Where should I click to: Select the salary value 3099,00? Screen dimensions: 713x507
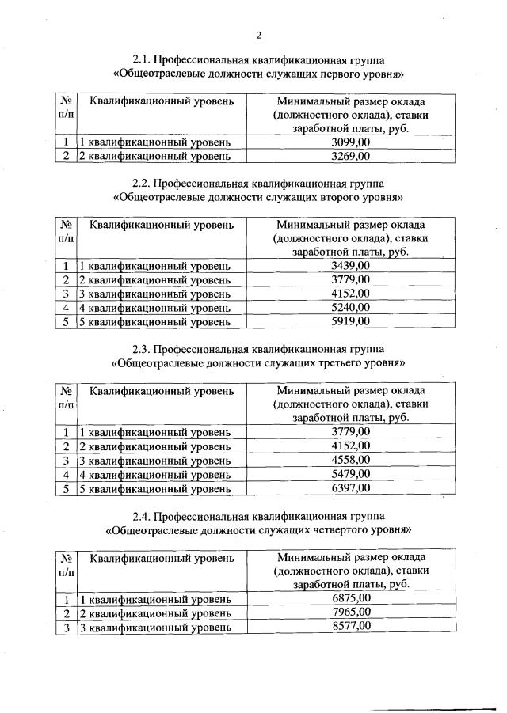pos(350,142)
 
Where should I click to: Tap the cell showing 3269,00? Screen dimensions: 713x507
pos(350,156)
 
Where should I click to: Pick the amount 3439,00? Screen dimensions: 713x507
pos(350,265)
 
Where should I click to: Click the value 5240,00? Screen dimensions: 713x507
pos(350,307)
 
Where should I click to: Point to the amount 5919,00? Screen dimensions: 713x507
pos(350,321)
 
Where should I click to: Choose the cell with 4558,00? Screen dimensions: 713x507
pos(350,460)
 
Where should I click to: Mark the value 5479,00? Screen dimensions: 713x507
pos(350,474)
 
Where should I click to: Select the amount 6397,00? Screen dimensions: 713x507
pos(350,488)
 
